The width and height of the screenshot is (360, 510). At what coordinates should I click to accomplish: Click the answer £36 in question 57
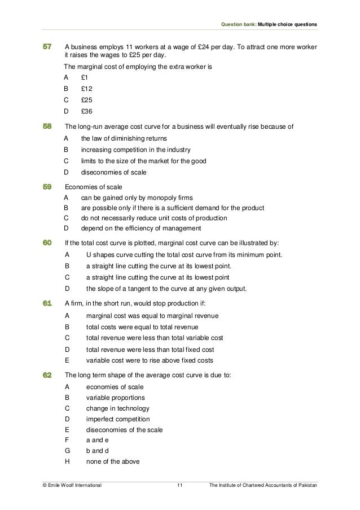pos(86,112)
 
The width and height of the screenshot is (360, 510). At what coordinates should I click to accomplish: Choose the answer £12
pos(86,88)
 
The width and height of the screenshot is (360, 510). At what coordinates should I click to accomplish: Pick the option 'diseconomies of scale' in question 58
pos(113,173)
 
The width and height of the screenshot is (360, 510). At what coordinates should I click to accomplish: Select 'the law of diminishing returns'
pos(124,138)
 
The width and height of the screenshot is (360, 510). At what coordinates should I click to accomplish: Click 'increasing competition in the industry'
pos(135,150)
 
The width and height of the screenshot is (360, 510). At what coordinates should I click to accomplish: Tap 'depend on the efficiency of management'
pos(141,228)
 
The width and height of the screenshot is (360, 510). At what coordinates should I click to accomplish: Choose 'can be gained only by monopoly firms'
pos(137,198)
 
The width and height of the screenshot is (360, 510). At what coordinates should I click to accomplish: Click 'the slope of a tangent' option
pos(166,289)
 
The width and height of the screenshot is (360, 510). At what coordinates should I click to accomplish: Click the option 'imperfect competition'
pos(118,419)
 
